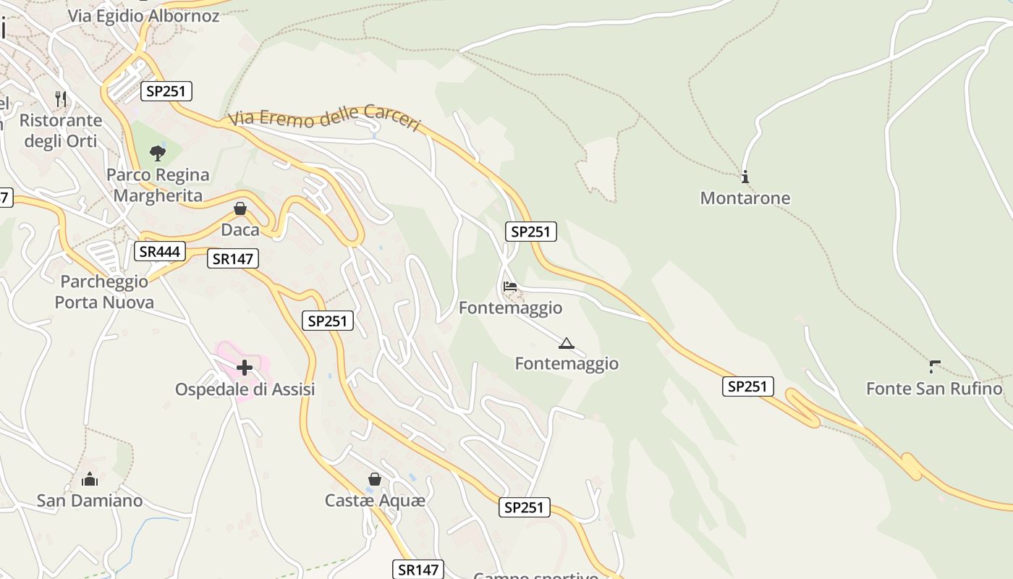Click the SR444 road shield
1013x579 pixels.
tap(159, 251)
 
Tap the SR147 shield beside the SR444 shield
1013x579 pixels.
tap(233, 258)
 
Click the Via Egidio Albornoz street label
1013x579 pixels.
tap(143, 15)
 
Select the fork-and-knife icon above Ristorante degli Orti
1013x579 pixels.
tap(61, 98)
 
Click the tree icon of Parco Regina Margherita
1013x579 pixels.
tap(157, 153)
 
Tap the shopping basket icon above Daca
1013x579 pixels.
tap(240, 208)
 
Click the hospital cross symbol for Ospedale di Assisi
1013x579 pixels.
tap(245, 368)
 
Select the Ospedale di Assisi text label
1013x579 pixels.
tap(245, 389)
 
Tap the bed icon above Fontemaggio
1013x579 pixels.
tap(510, 287)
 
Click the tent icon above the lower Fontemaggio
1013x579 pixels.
tap(567, 342)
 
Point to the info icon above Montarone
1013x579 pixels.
tap(745, 177)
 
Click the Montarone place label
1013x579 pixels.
tap(745, 198)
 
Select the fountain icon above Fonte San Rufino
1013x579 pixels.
tap(935, 367)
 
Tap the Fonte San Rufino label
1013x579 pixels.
tap(934, 389)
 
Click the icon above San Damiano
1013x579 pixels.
tap(90, 479)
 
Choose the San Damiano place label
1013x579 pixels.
tap(90, 501)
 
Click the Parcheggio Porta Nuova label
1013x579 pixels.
tap(104, 292)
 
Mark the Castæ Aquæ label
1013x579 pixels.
tap(375, 500)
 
